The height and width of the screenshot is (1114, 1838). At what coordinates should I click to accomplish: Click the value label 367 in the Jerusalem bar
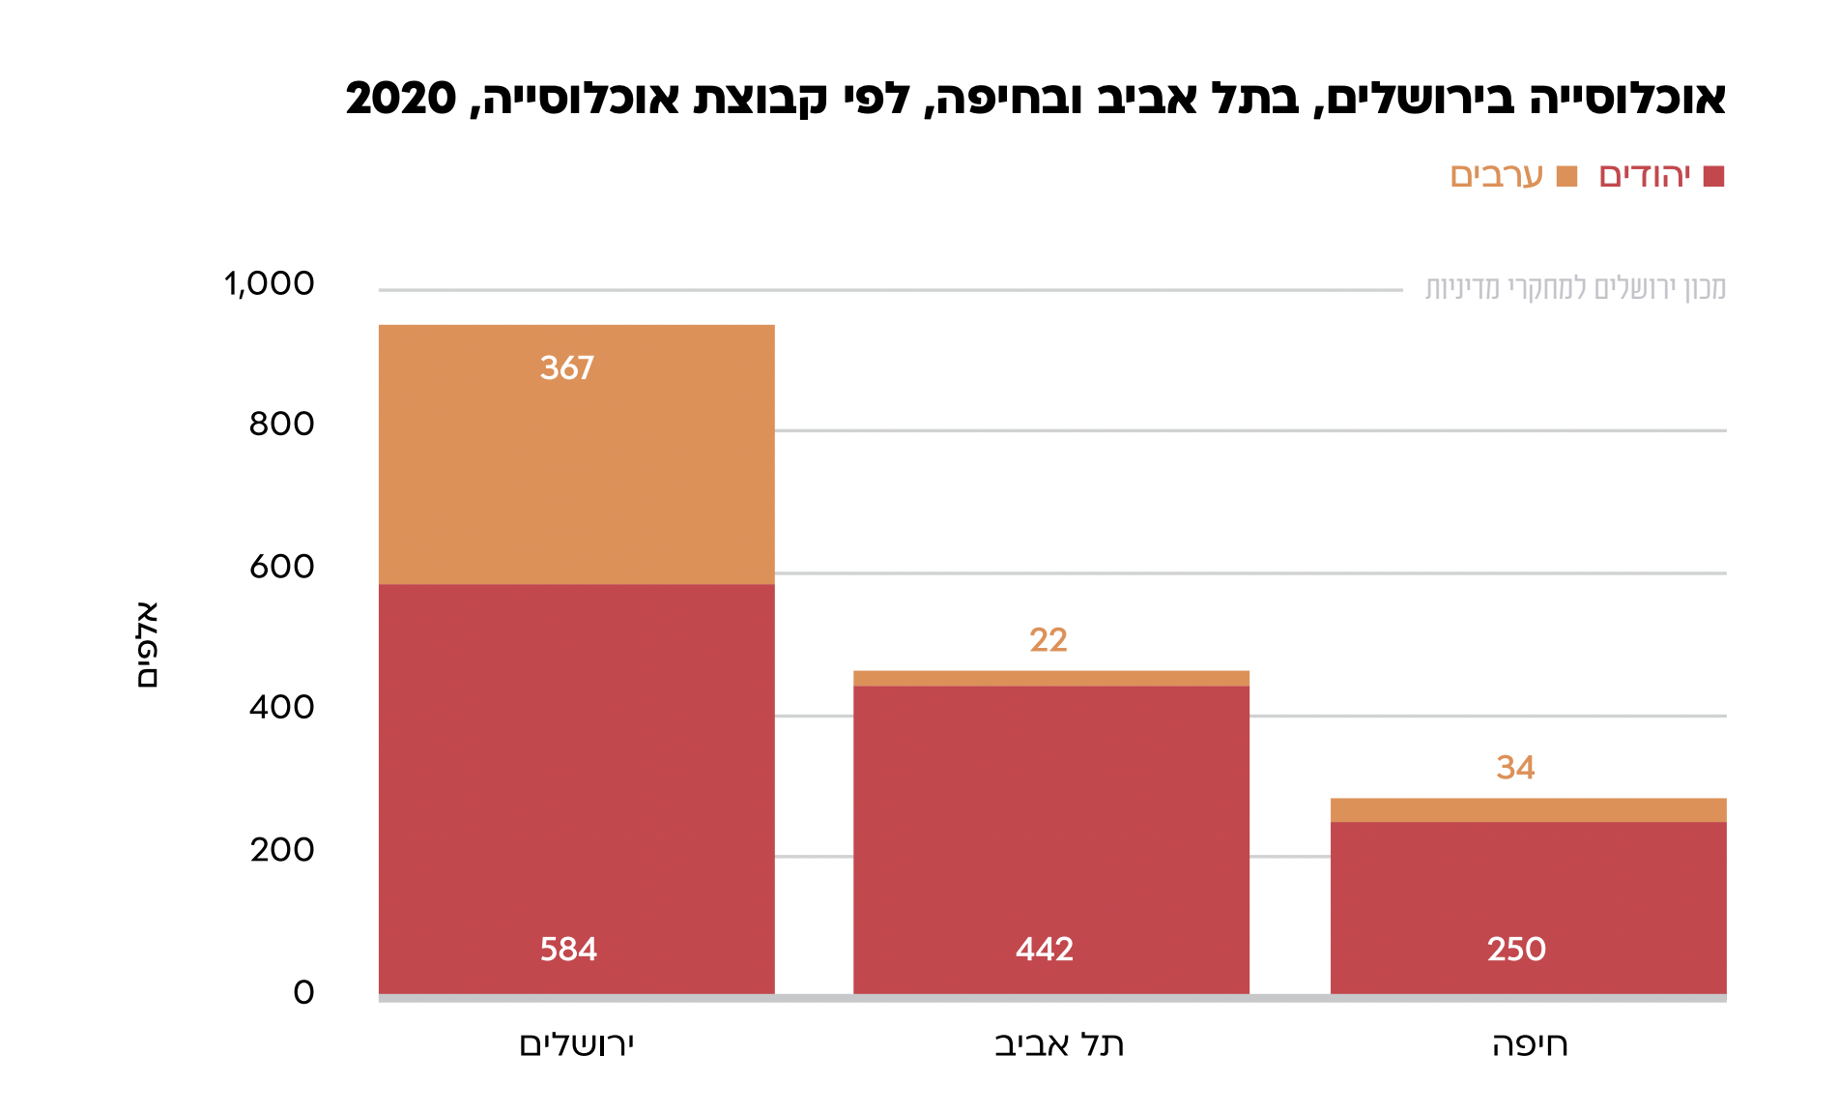566,368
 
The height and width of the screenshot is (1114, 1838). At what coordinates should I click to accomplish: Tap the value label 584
568,950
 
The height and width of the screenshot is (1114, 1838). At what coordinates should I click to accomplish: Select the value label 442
1045,950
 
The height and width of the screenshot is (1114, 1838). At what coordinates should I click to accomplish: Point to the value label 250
1516,950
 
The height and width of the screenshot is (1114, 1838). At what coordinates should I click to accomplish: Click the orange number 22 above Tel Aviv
1048,640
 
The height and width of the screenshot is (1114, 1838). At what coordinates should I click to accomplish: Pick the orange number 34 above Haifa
1515,768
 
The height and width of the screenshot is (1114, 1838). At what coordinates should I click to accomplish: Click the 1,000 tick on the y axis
269,284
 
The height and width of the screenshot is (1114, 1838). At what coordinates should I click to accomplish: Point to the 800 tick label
281,425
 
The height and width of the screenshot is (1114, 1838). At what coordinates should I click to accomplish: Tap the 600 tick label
281,567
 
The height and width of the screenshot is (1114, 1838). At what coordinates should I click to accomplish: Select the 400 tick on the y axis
281,708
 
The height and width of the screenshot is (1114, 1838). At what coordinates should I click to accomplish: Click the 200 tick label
281,850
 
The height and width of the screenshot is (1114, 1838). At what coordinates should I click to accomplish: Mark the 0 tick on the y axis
303,993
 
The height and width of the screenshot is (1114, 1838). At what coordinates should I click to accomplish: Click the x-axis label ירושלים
577,1044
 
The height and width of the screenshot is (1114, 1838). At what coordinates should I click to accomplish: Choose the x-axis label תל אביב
1059,1044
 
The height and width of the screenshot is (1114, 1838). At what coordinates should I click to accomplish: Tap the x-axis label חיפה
1530,1044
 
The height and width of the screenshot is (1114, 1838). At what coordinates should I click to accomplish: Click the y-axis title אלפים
147,644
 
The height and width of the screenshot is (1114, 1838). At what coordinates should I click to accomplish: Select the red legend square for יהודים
1713,177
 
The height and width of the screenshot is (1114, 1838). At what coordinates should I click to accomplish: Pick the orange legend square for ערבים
1566,177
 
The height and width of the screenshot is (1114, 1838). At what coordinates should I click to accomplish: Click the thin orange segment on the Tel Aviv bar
1050,679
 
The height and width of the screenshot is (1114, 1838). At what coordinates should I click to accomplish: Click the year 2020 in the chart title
401,99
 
